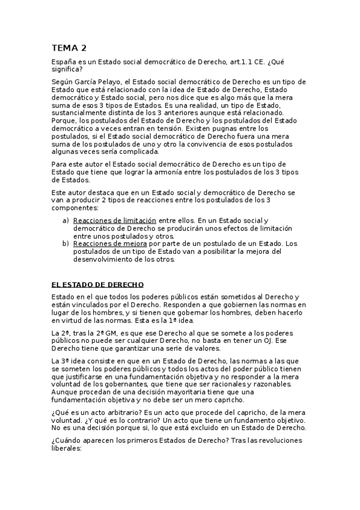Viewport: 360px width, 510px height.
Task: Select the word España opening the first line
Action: coord(65,63)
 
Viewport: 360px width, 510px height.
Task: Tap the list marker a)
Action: coord(66,221)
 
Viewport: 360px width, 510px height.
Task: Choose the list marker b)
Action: coord(66,244)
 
